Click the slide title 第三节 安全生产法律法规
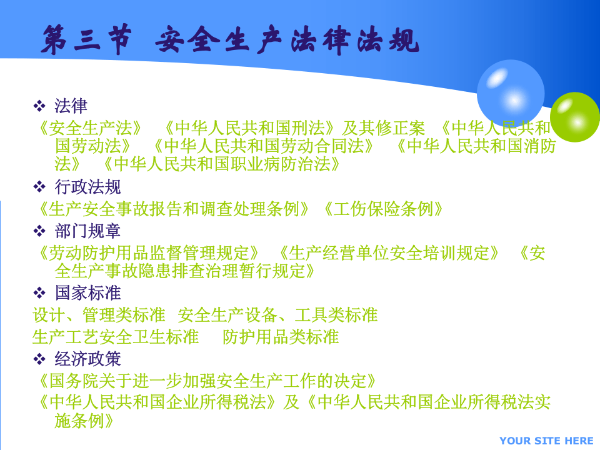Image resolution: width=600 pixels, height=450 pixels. click(230, 39)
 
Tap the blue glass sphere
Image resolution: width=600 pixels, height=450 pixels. click(510, 92)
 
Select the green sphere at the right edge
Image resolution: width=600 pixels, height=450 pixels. click(575, 117)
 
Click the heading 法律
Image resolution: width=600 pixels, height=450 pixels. click(71, 106)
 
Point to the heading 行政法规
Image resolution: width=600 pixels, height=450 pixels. click(87, 186)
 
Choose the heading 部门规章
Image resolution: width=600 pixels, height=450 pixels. click(87, 231)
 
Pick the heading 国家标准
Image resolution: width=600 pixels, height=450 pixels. click(87, 292)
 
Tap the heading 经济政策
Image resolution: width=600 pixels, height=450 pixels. click(87, 359)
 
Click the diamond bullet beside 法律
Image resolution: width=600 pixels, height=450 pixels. click(39, 106)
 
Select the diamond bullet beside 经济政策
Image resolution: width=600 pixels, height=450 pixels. click(39, 359)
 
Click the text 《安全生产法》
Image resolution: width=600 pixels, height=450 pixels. click(90, 129)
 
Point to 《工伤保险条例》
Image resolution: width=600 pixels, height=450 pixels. click(383, 209)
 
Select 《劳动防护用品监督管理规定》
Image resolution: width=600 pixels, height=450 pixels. click(149, 253)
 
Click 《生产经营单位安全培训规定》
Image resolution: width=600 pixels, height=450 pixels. click(389, 253)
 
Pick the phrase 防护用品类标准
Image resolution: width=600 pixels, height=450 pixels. click(281, 337)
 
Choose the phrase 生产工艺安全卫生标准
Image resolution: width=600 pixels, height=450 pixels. click(116, 337)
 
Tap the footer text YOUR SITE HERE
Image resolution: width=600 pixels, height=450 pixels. click(546, 441)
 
